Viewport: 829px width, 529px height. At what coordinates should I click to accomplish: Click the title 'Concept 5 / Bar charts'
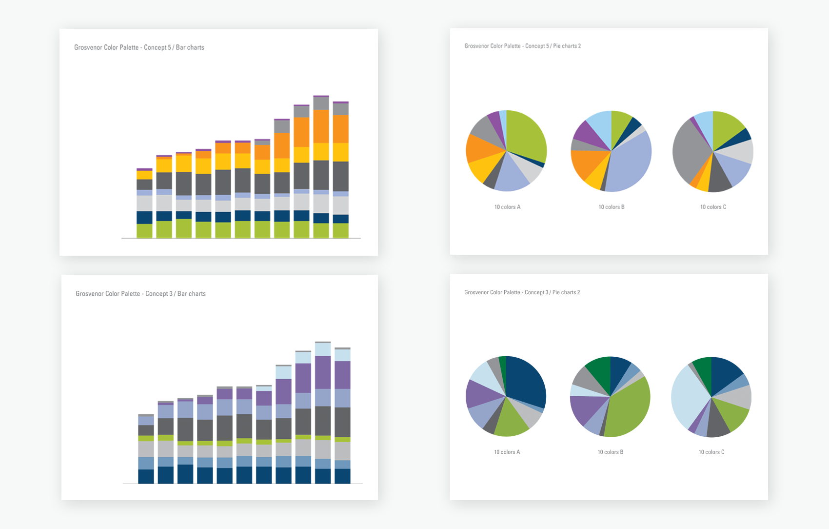(139, 47)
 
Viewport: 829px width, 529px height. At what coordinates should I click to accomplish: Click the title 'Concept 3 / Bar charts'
(140, 294)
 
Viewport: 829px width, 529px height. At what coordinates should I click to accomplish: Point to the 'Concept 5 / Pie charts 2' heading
(522, 46)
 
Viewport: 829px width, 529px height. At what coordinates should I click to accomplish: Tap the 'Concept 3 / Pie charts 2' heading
(522, 292)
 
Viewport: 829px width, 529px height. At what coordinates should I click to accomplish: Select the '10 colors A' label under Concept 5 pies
(507, 207)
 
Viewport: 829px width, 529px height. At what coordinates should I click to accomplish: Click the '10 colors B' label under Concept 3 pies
(611, 452)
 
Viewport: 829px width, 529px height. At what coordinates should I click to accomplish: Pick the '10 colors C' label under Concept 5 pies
(713, 207)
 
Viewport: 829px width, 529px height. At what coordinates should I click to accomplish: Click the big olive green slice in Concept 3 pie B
(629, 410)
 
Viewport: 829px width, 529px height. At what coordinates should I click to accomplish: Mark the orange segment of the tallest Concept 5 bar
(321, 126)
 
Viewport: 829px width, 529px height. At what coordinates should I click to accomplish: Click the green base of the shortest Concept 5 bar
(144, 231)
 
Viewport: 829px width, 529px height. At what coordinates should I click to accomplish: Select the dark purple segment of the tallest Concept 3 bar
(323, 372)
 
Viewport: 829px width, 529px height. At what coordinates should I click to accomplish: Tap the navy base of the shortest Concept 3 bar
(146, 476)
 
